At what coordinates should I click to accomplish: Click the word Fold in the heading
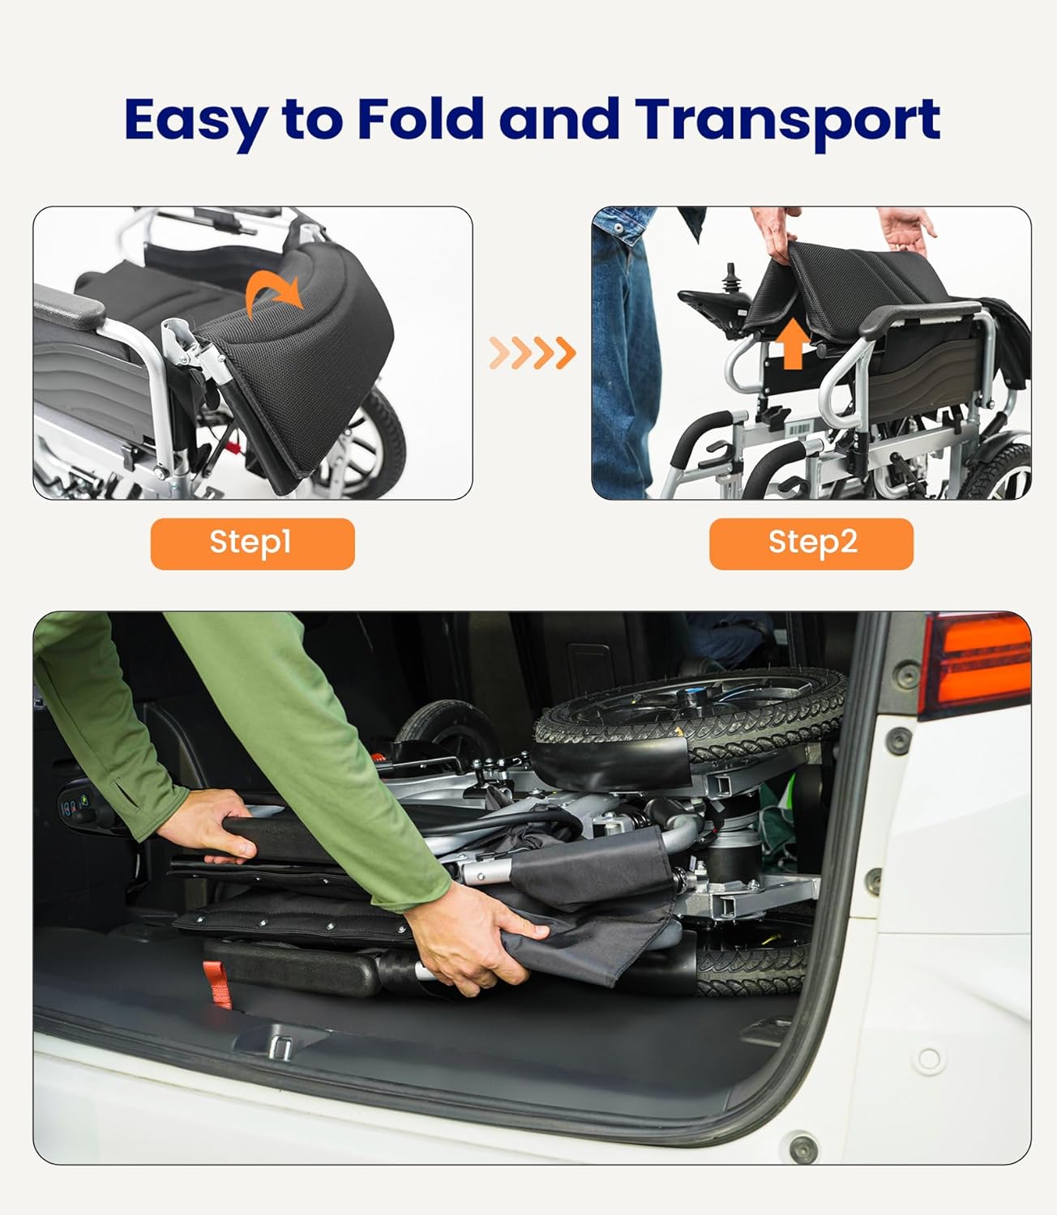(x=421, y=118)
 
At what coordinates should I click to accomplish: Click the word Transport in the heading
(x=787, y=123)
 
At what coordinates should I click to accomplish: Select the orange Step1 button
(x=253, y=544)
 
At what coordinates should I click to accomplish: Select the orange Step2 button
(x=811, y=544)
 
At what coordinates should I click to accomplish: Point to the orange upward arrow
(x=794, y=343)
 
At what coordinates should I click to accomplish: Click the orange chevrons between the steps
(x=533, y=352)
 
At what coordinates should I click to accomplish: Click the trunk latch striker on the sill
(x=280, y=1048)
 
